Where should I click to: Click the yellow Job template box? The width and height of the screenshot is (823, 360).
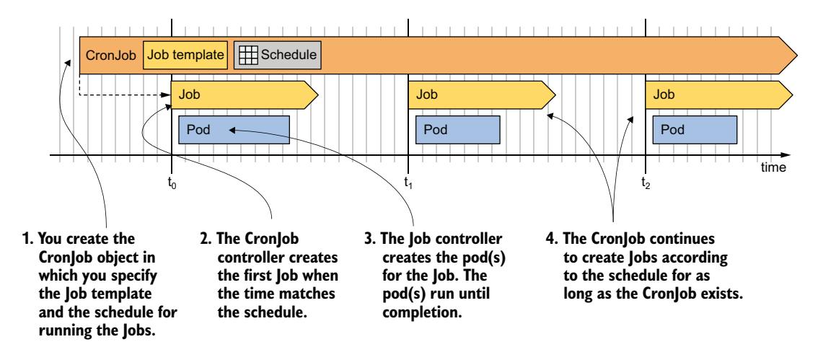[x=186, y=54]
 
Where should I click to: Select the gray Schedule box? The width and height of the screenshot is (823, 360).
[x=278, y=54]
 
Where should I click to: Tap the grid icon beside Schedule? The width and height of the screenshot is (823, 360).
[x=247, y=55]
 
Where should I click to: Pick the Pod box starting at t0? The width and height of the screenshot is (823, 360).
[x=233, y=129]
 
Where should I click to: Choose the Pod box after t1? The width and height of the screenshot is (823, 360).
[x=458, y=129]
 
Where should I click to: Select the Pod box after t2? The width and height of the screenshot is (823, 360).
[x=694, y=129]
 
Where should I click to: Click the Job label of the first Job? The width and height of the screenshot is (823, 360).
[x=190, y=94]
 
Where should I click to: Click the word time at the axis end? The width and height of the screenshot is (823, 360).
[x=773, y=167]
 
